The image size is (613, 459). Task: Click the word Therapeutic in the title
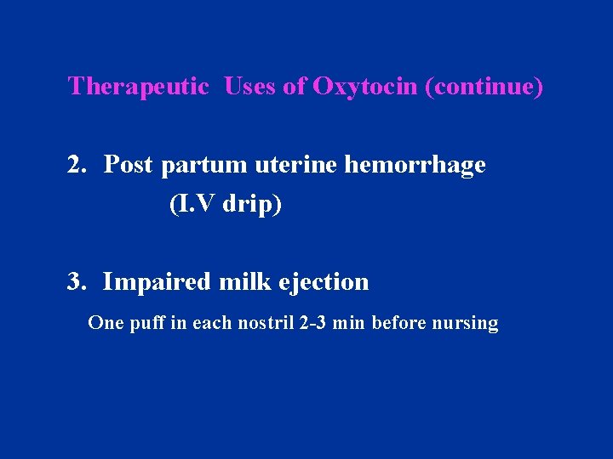coord(138,87)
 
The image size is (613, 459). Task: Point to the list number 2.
coord(78,165)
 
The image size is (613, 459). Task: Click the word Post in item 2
coord(129,165)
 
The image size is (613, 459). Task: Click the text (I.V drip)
coord(225,205)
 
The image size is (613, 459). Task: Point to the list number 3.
coord(78,281)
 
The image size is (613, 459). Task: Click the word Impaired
coord(158,282)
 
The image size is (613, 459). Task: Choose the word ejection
coord(324,282)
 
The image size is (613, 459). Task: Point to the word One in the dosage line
coord(106,323)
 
